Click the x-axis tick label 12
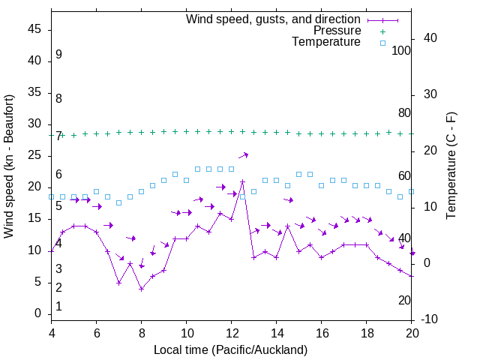tap(232, 333)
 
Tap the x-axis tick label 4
tap(52, 333)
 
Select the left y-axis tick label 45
tap(34, 30)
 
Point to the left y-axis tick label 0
tap(38, 313)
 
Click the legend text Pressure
tap(337, 31)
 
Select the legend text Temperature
tap(326, 42)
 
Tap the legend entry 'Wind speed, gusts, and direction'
tap(274, 19)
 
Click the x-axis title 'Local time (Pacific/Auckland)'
tap(231, 349)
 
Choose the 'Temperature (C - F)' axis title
tap(451, 166)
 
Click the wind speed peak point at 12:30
tap(242, 181)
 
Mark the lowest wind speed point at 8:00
tap(141, 289)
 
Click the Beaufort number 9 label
tap(58, 55)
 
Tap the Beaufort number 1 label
tap(58, 307)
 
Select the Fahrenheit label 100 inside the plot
tap(402, 51)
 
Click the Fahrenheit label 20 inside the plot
tap(405, 301)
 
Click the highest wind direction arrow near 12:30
tap(243, 155)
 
